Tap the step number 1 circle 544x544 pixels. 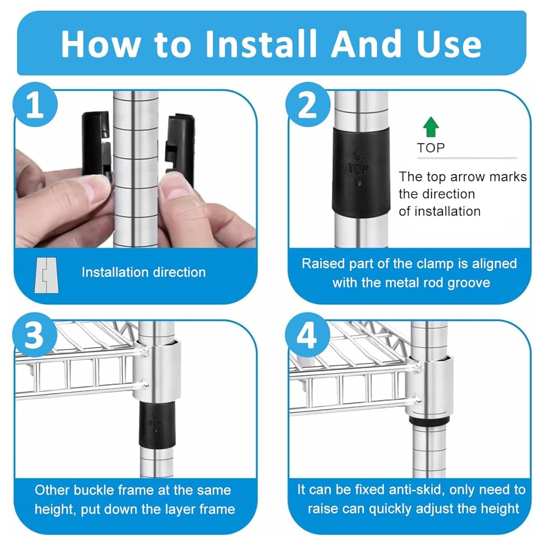pyautogui.click(x=35, y=105)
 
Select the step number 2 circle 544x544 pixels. pyautogui.click(x=308, y=105)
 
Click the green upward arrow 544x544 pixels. pyautogui.click(x=431, y=126)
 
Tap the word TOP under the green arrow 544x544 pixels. pyautogui.click(x=431, y=148)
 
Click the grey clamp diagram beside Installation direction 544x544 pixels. pyautogui.click(x=47, y=275)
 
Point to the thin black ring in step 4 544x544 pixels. pyautogui.click(x=429, y=421)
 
